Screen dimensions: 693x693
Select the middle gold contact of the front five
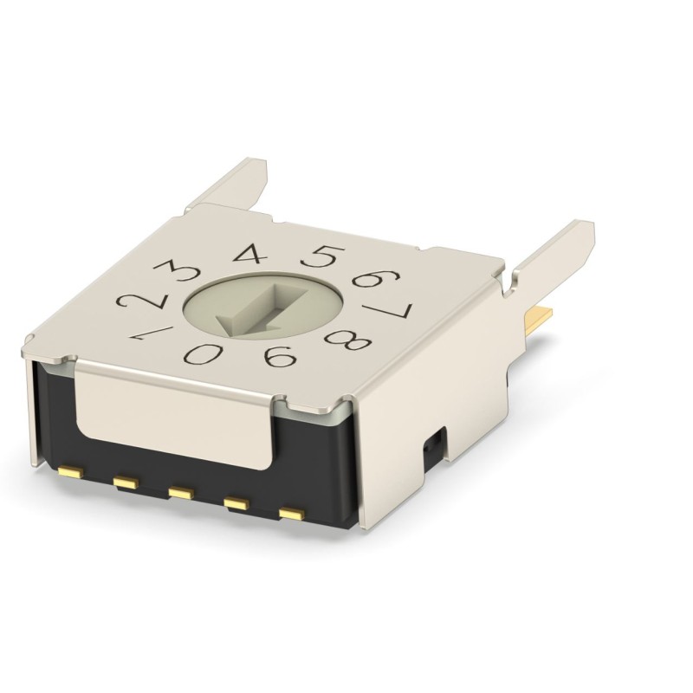[179, 493]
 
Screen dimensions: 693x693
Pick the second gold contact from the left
[126, 481]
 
